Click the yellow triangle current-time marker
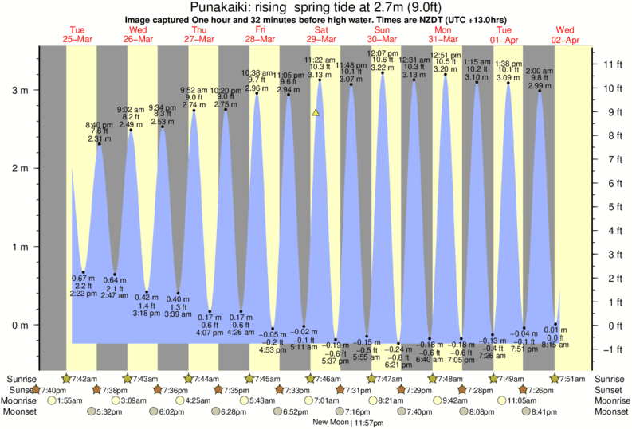point(316,114)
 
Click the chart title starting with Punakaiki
point(315,6)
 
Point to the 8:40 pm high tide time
point(99,125)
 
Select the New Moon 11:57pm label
point(338,423)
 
